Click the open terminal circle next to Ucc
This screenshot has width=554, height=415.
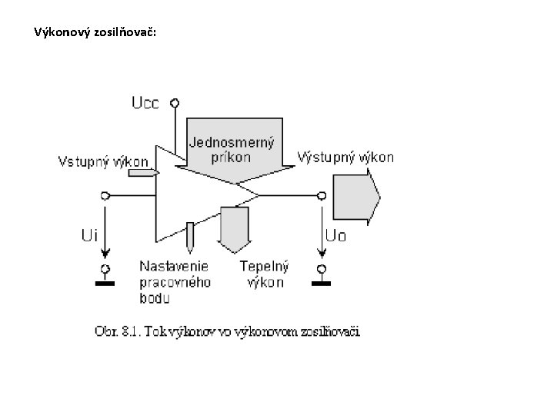175,102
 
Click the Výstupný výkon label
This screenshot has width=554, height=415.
345,157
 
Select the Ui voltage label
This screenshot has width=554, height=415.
89,234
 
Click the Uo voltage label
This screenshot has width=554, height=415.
335,236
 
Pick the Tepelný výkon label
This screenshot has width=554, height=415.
264,274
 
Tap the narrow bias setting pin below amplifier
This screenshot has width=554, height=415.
189,237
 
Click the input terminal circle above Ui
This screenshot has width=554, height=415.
105,195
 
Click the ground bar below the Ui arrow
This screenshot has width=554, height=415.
105,283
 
